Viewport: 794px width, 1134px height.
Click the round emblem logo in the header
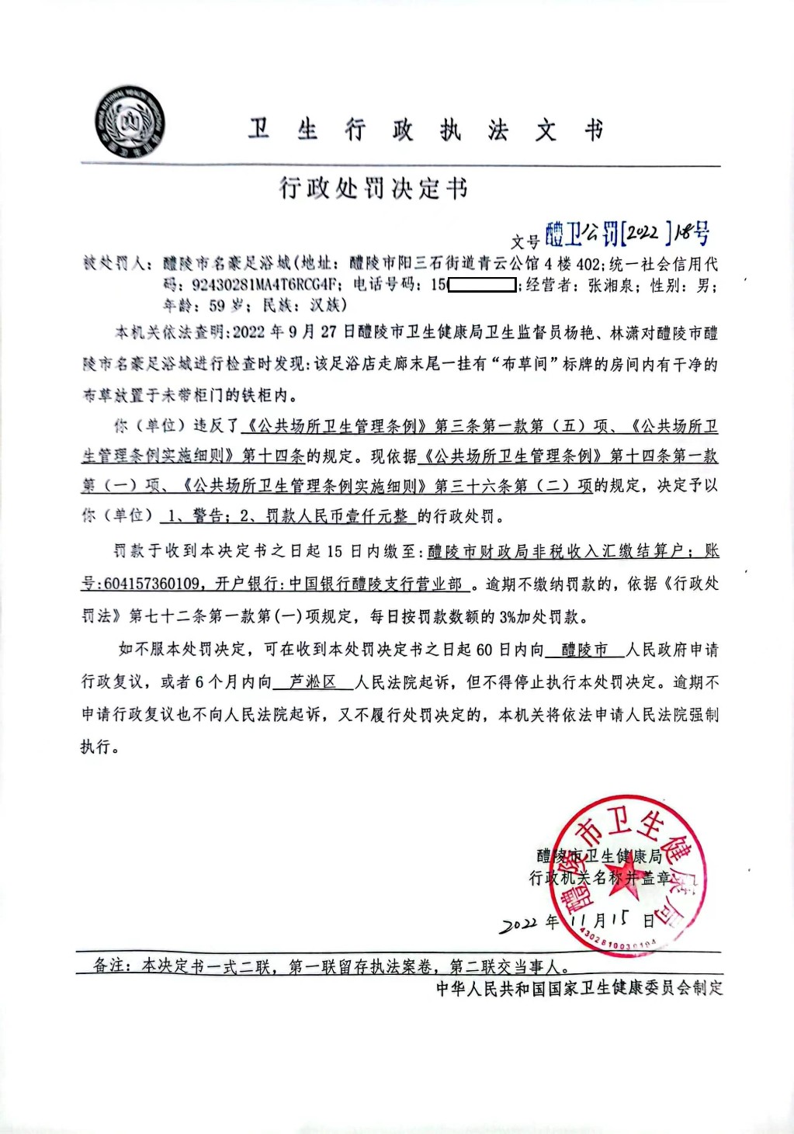[x=130, y=123]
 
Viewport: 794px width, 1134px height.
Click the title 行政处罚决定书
[x=373, y=189]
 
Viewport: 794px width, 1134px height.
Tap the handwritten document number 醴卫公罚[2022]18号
[x=627, y=232]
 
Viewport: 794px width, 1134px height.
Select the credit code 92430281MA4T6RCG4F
[x=265, y=285]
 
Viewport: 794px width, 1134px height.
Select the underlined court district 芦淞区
[x=313, y=682]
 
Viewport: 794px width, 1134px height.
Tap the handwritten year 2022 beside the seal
[x=518, y=924]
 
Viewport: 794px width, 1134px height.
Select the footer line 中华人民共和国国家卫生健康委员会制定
[x=579, y=988]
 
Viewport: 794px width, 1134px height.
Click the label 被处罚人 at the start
[x=114, y=264]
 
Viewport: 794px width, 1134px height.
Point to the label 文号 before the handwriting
[x=525, y=241]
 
